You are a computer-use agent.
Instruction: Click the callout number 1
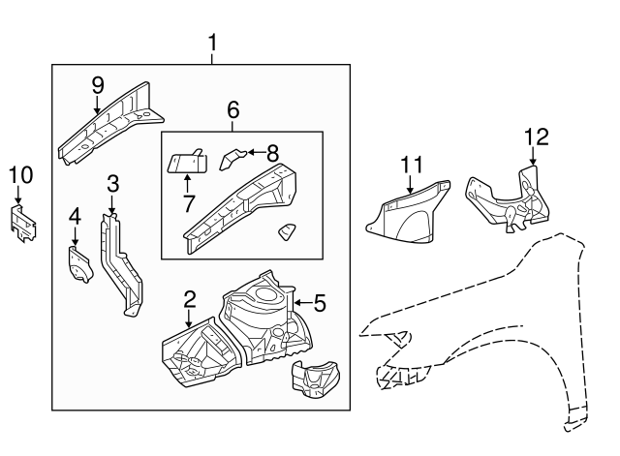pos(213,43)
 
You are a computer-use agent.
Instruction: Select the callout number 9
pos(97,85)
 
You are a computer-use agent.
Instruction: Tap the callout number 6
pos(232,110)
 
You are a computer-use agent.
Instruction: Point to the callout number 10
pos(20,174)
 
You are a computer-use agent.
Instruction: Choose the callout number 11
pos(413,164)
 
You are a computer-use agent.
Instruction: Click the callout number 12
pos(535,137)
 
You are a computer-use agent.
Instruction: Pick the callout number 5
pos(320,303)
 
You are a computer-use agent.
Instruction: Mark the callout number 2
pos(190,299)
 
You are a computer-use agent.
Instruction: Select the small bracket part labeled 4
pos(77,264)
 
